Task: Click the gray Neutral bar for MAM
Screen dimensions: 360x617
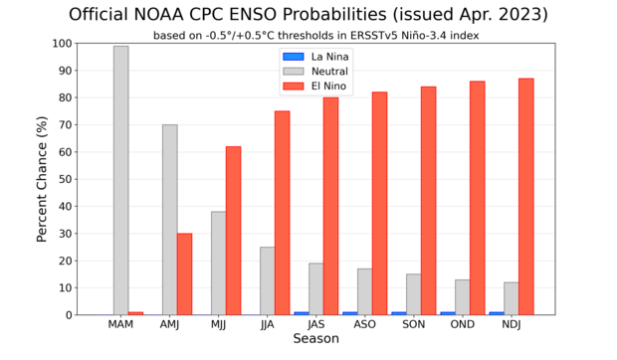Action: click(x=120, y=180)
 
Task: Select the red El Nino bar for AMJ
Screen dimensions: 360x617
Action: click(x=184, y=273)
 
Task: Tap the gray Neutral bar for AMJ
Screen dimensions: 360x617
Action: click(x=170, y=220)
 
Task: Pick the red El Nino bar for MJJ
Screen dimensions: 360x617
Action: click(x=233, y=231)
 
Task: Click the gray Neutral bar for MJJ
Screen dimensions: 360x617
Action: click(x=219, y=263)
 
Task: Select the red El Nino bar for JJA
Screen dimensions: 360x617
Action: click(x=282, y=213)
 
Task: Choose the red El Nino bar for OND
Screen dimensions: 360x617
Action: click(x=477, y=198)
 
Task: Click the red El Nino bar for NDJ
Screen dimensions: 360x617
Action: click(x=525, y=197)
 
